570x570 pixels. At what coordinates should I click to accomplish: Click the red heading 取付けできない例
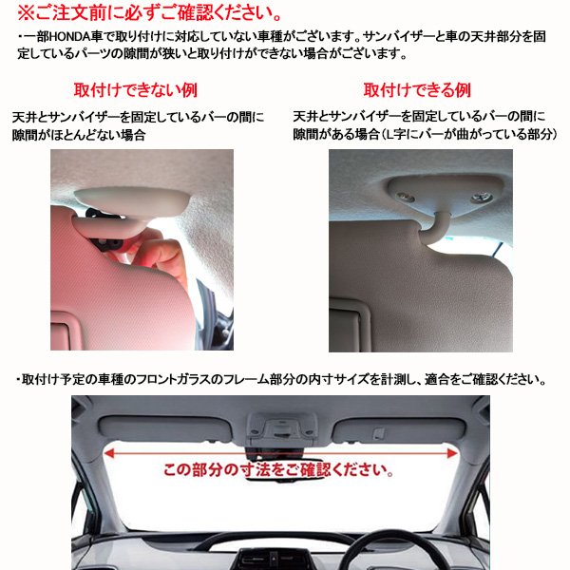[x=136, y=90]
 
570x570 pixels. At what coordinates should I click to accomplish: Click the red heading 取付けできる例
[x=417, y=90]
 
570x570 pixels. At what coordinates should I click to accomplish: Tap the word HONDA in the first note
[x=68, y=37]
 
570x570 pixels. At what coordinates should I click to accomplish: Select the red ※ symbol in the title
[x=26, y=12]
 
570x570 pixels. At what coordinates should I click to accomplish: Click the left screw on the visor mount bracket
[x=406, y=197]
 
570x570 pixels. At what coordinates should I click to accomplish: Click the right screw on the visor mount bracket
[x=482, y=198]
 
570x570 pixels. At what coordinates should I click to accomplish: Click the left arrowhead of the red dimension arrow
[x=108, y=453]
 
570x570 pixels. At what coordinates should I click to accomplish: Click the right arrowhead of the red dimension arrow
[x=452, y=453]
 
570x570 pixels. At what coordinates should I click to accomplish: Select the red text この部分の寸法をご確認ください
[x=278, y=469]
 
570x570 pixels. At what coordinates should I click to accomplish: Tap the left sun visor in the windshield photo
[x=165, y=429]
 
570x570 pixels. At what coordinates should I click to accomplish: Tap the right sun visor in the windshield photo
[x=399, y=430]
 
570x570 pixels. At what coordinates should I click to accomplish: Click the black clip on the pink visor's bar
[x=109, y=244]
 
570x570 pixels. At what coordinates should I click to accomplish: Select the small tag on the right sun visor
[x=378, y=432]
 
